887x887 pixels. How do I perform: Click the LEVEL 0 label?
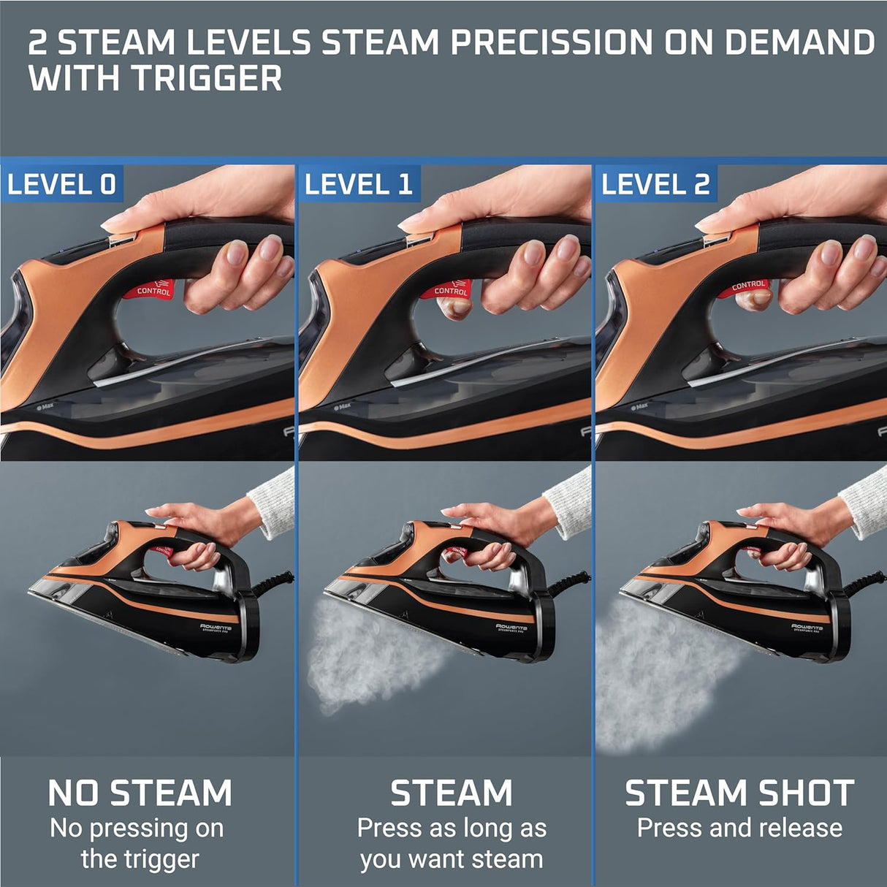(x=61, y=184)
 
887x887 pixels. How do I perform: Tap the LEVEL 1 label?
(x=359, y=184)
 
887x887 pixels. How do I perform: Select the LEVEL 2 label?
(x=655, y=184)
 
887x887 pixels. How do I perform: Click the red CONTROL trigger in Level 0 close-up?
(x=154, y=289)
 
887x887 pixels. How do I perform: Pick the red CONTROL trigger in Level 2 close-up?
(x=747, y=286)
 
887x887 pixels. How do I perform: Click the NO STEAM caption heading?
(x=140, y=793)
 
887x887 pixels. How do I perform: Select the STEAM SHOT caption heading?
(x=739, y=793)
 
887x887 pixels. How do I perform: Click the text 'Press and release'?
(x=739, y=828)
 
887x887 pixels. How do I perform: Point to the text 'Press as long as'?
(x=452, y=828)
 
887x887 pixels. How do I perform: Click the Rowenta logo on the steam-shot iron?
(x=807, y=627)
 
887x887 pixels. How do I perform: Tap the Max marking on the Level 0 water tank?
(x=45, y=406)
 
